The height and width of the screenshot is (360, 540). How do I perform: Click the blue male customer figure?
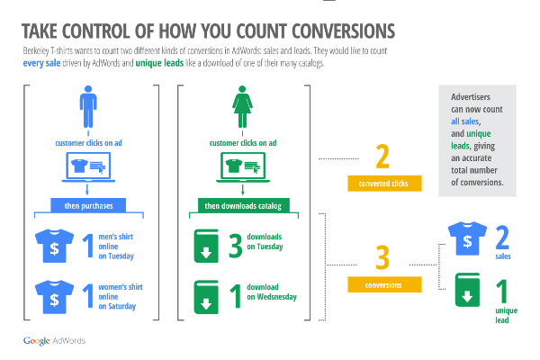[88, 107]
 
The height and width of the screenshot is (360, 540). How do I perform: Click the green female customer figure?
[242, 107]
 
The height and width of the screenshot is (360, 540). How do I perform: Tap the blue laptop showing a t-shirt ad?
[88, 167]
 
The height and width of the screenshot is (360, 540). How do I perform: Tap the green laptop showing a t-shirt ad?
[243, 167]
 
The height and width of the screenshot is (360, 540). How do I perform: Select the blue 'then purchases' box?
[88, 206]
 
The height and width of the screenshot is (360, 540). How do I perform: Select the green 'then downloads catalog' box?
[244, 206]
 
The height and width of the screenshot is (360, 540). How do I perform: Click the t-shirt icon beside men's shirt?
[54, 246]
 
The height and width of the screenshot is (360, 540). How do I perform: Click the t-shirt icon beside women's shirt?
[54, 297]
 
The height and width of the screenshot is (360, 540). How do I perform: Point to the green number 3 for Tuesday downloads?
[236, 246]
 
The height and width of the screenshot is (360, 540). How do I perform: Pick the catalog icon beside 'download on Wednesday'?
[206, 297]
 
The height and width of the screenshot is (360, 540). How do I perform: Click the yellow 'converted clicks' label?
[384, 184]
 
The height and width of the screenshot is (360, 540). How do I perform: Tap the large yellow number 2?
[382, 157]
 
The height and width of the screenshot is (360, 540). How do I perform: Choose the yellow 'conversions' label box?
[384, 284]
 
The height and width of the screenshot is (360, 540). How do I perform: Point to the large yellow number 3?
[382, 257]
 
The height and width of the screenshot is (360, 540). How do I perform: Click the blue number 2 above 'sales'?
[502, 238]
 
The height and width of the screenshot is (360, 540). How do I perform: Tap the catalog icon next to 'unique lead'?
[467, 290]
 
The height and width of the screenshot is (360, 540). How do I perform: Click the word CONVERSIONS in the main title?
[344, 31]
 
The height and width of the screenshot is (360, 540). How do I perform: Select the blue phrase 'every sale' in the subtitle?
[41, 63]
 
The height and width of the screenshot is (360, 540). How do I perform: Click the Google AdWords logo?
[54, 341]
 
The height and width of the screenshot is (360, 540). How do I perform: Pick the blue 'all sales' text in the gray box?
[465, 121]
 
